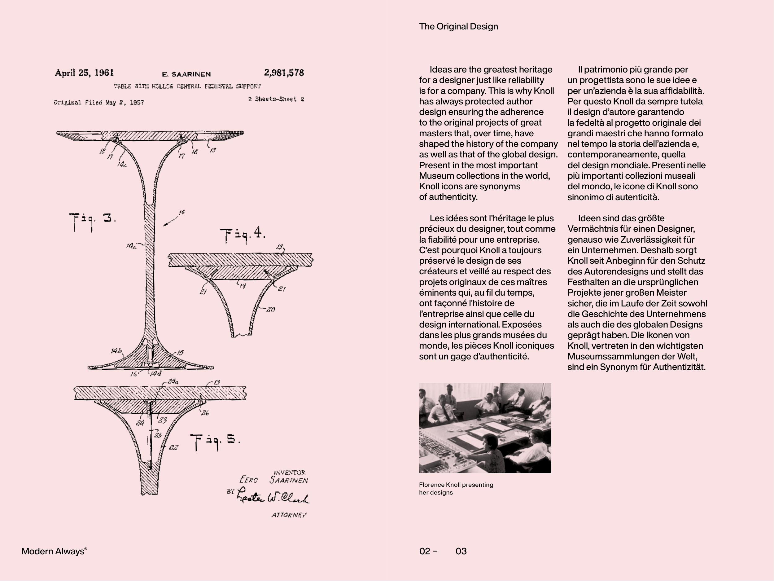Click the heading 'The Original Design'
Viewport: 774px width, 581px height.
pyautogui.click(x=458, y=27)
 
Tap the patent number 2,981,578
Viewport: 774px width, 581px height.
pyautogui.click(x=284, y=73)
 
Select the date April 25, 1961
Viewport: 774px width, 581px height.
pyautogui.click(x=84, y=73)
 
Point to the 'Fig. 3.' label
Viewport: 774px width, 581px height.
pyautogui.click(x=92, y=219)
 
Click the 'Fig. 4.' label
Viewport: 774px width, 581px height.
pyautogui.click(x=243, y=234)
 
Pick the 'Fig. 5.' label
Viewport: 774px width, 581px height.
pyautogui.click(x=215, y=440)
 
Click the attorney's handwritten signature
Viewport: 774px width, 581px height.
pyautogui.click(x=273, y=496)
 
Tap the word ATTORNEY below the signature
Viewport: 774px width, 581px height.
pyautogui.click(x=289, y=515)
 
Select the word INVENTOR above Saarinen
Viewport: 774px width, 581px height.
pyautogui.click(x=290, y=473)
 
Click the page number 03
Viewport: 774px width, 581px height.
pyautogui.click(x=461, y=551)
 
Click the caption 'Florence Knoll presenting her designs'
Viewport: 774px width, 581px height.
pyautogui.click(x=456, y=489)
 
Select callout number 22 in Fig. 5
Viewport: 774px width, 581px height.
pyautogui.click(x=173, y=447)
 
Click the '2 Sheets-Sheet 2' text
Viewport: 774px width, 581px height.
pyautogui.click(x=276, y=99)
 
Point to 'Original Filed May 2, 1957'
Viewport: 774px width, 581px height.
pyautogui.click(x=99, y=103)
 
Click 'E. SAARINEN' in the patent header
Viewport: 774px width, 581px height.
pyautogui.click(x=186, y=74)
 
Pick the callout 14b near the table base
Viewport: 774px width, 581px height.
pyautogui.click(x=116, y=351)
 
